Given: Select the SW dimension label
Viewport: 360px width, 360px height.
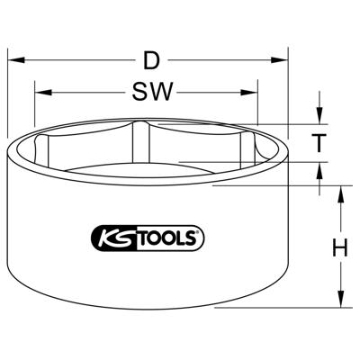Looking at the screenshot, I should pos(150,91).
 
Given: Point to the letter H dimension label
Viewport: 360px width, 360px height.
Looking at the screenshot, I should pos(339,247).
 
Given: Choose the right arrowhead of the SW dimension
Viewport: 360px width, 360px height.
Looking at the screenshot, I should pos(251,91).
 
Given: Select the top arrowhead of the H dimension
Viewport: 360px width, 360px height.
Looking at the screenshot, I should pos(339,193).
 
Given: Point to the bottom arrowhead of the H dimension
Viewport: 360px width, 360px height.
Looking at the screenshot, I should pos(339,300).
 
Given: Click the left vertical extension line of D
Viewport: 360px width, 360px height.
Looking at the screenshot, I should pos(8,99).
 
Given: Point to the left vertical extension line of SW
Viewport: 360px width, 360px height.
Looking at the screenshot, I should pos(35,112).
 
